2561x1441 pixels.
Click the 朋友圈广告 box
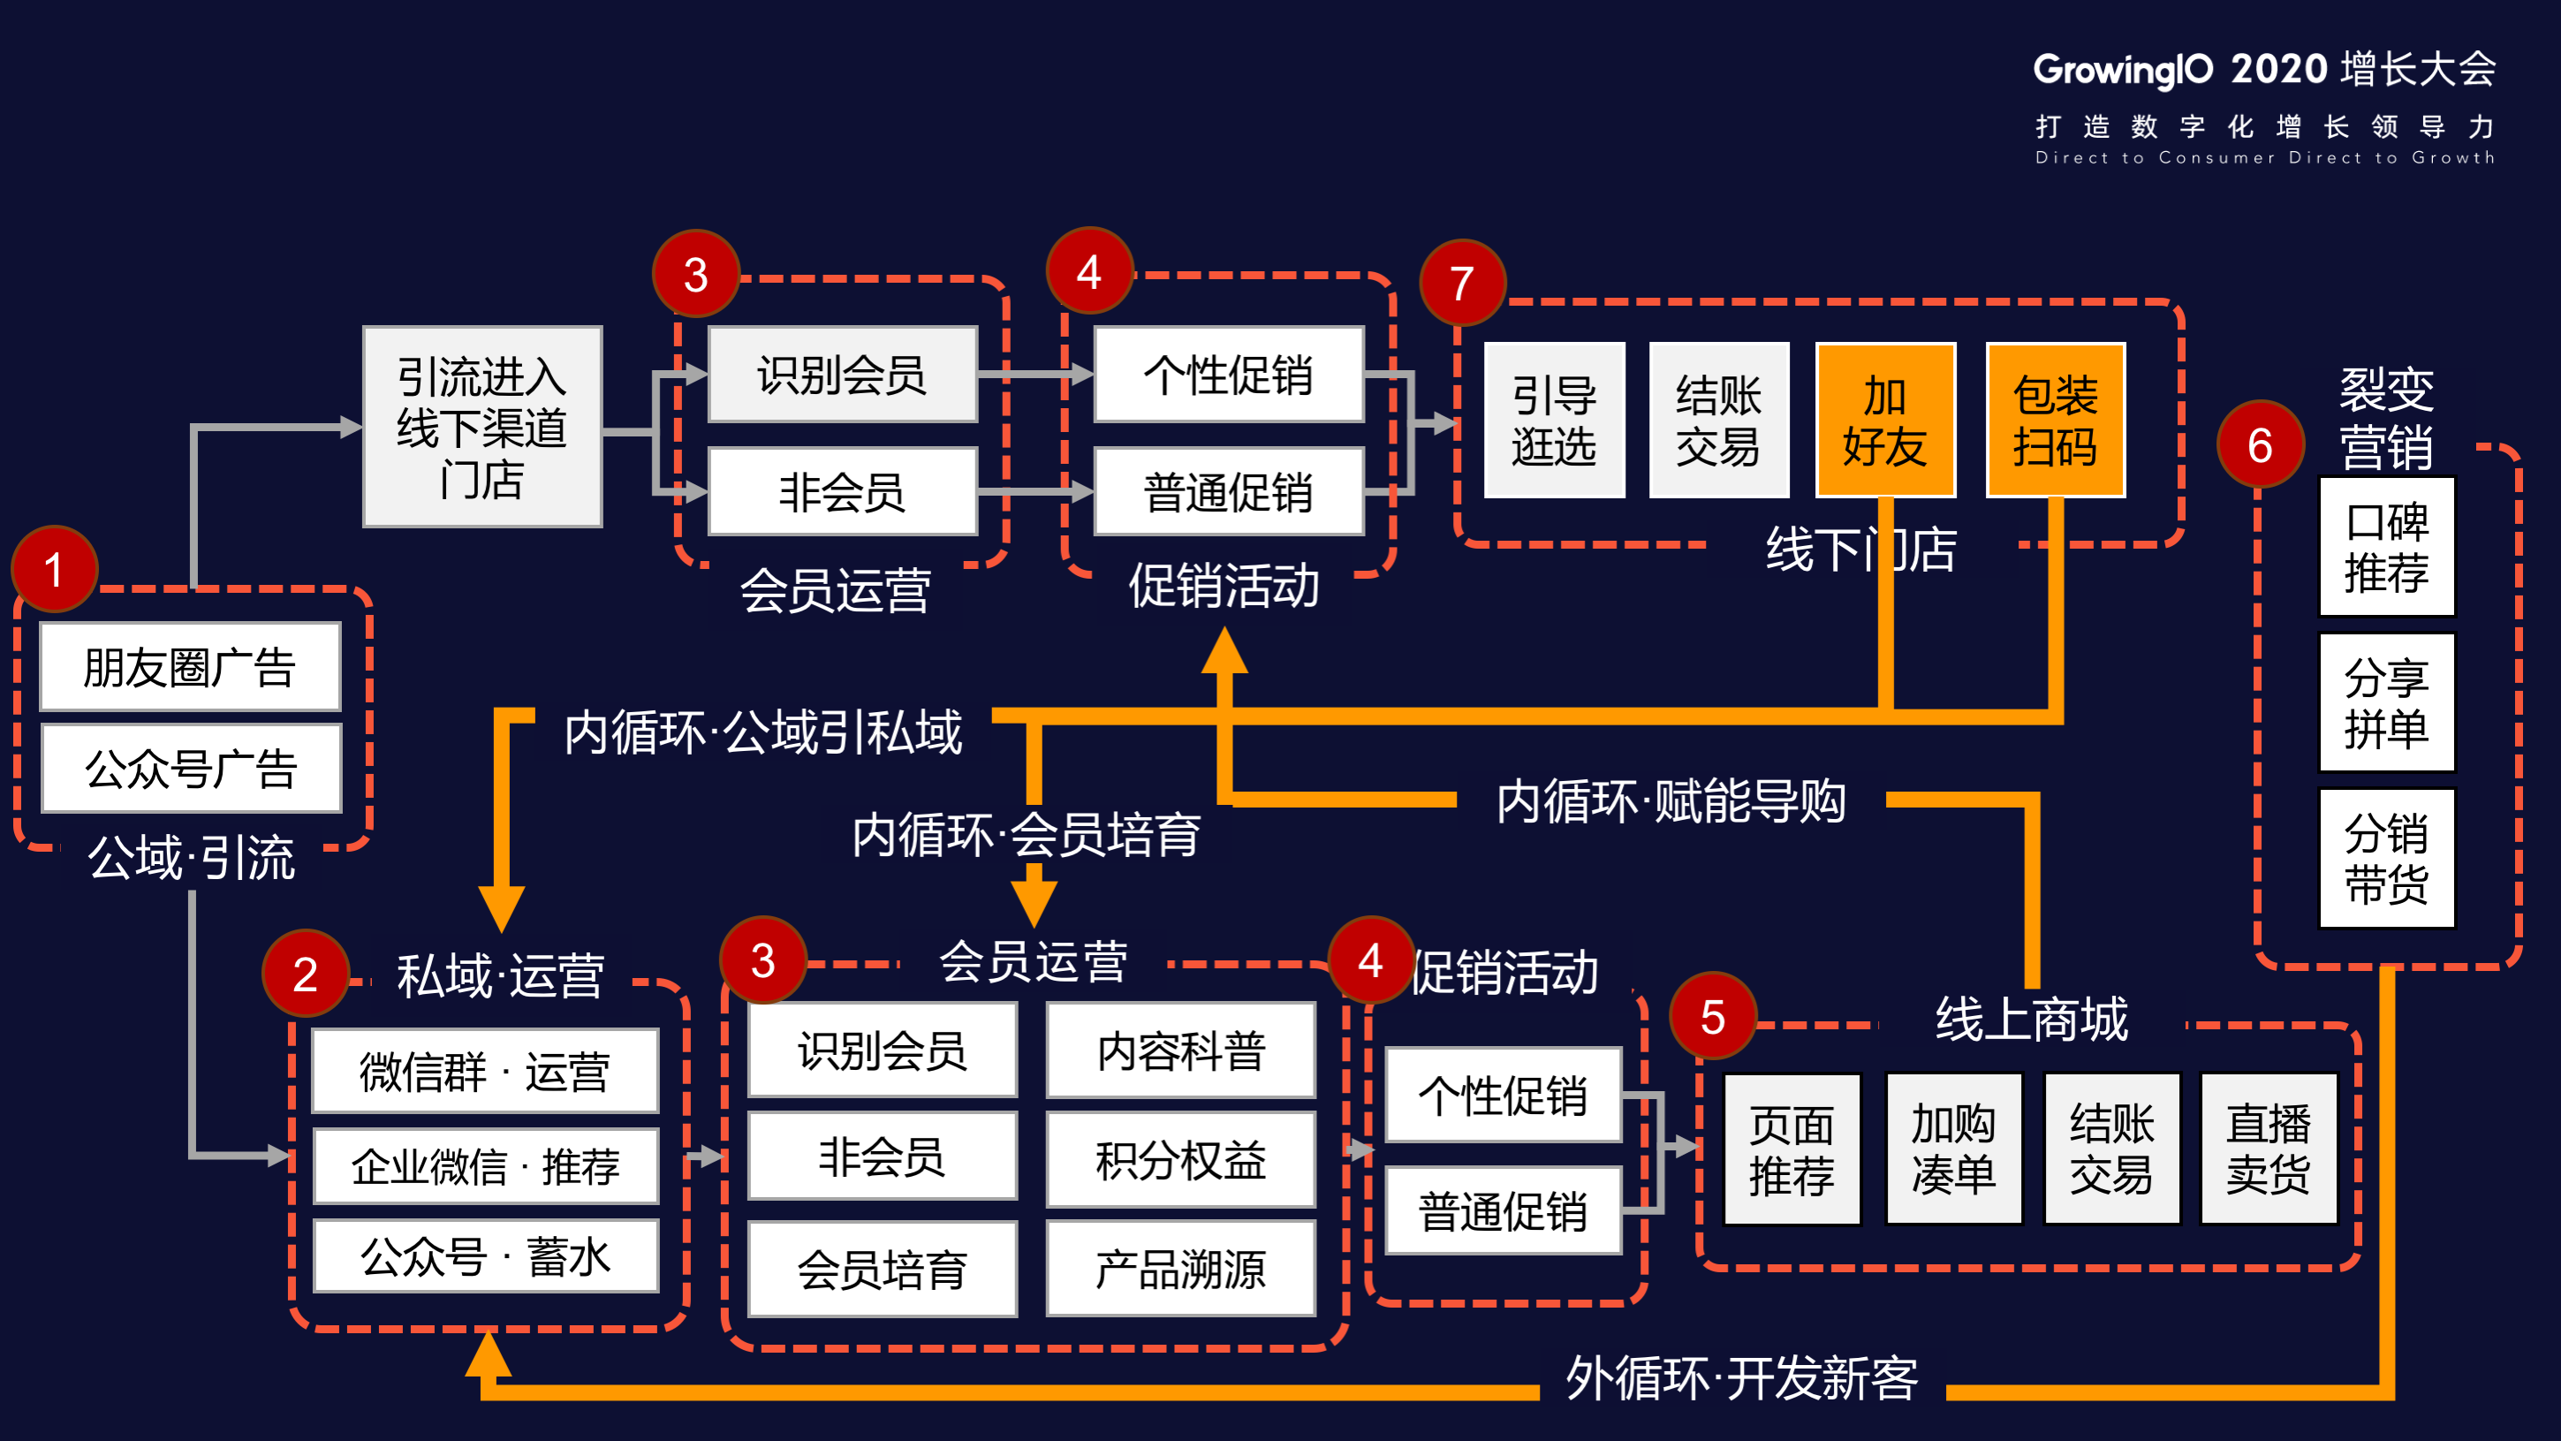point(190,666)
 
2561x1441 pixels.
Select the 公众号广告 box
point(191,768)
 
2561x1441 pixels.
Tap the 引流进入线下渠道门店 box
point(482,427)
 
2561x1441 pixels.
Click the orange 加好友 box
point(1885,421)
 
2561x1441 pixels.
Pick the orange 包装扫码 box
point(2055,421)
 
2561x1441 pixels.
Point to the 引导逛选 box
point(1554,421)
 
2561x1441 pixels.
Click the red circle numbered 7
point(1461,284)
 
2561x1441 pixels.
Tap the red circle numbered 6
point(2260,444)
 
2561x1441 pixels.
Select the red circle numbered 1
point(54,569)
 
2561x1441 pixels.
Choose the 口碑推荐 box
point(2386,547)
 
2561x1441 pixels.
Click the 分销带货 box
point(2386,858)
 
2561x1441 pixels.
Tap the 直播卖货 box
point(2268,1149)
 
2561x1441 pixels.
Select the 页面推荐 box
point(1792,1149)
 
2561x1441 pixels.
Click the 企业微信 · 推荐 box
point(485,1165)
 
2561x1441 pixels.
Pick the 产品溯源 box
point(1180,1269)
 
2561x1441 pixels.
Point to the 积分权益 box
point(1180,1159)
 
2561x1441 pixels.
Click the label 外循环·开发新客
point(1742,1378)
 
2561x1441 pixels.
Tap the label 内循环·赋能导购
point(1671,800)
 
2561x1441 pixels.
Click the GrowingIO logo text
point(2123,70)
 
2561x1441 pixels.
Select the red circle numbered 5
point(1712,1016)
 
